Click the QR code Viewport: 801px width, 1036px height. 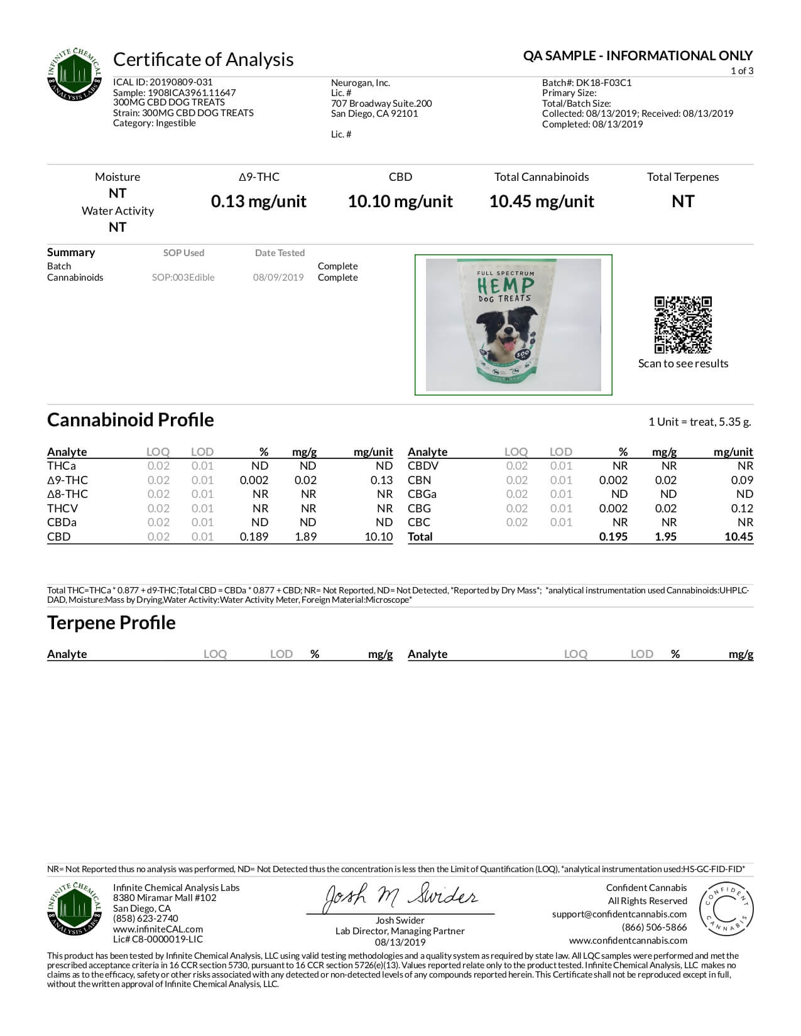tap(683, 325)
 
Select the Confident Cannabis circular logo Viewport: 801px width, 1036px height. tap(726, 909)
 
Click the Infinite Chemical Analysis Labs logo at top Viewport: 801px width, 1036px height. tap(75, 75)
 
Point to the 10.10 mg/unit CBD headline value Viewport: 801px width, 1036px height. tap(400, 202)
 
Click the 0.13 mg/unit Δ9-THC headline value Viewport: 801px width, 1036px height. tap(259, 202)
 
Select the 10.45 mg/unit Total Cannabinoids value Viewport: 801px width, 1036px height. tap(542, 202)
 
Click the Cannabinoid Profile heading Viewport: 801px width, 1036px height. tap(131, 419)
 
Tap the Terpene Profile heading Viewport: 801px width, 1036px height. tap(111, 622)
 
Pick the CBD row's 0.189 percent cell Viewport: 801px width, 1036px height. tap(254, 537)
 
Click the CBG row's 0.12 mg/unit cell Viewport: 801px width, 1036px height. tap(742, 509)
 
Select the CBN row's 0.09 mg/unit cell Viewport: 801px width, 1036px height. tap(742, 480)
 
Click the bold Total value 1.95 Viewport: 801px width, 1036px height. tap(665, 537)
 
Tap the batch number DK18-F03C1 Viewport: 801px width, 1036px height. tap(604, 83)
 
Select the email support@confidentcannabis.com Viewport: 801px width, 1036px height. tap(619, 914)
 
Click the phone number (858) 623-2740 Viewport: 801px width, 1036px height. tap(146, 919)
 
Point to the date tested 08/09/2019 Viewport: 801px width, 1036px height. tap(278, 278)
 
